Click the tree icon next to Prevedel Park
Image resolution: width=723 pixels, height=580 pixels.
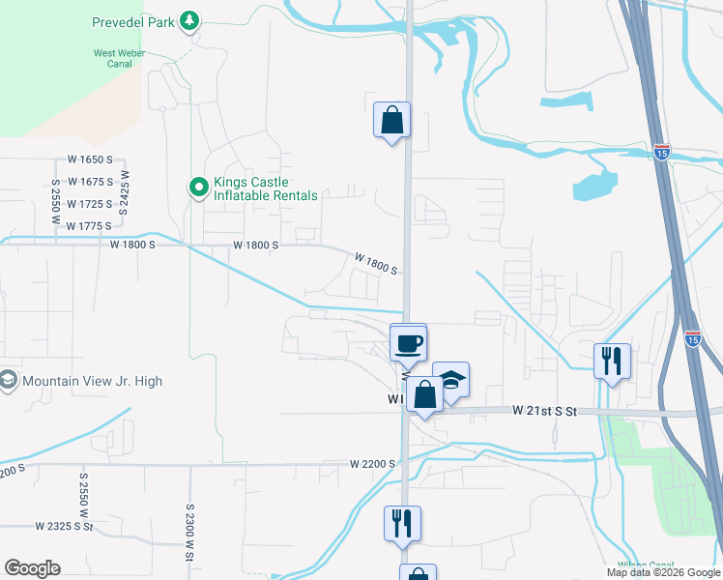click(191, 20)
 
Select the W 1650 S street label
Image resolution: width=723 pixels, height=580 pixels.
click(90, 159)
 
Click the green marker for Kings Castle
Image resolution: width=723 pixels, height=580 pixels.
click(198, 187)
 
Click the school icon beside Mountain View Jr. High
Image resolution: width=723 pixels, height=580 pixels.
click(9, 380)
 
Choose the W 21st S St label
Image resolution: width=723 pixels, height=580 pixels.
click(544, 411)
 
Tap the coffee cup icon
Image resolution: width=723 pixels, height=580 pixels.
click(408, 341)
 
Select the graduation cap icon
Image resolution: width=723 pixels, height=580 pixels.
click(450, 379)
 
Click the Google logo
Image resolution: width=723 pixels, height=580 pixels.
click(32, 568)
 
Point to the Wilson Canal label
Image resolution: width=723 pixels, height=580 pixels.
click(646, 565)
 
